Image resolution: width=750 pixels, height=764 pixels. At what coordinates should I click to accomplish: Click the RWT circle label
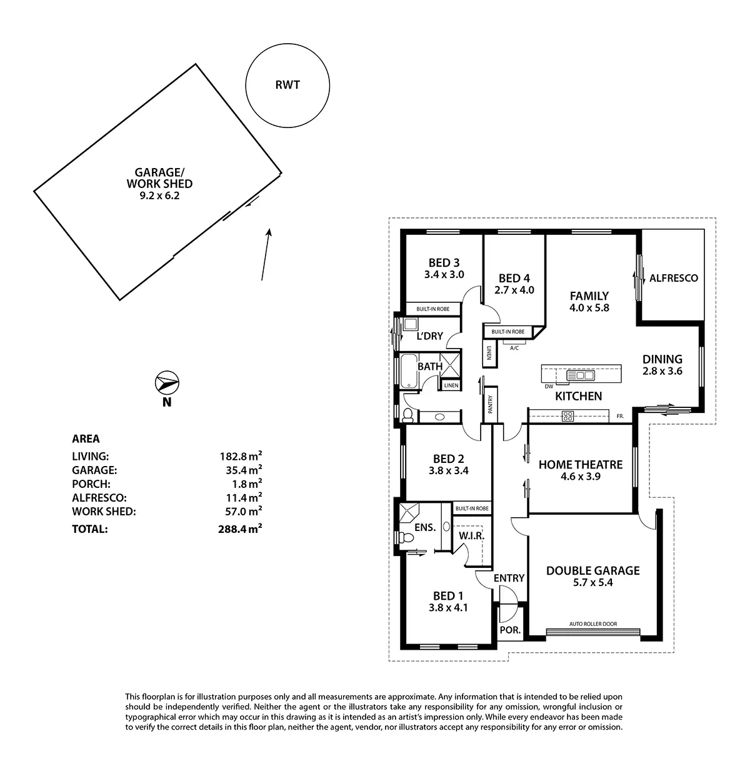pyautogui.click(x=287, y=84)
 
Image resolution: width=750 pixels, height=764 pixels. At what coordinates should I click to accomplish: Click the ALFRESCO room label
pyautogui.click(x=673, y=278)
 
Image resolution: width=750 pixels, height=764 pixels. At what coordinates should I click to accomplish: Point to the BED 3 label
pyautogui.click(x=444, y=263)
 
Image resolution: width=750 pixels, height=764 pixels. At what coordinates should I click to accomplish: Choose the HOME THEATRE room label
pyautogui.click(x=581, y=465)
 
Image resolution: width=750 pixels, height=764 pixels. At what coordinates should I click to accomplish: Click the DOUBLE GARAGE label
pyautogui.click(x=592, y=570)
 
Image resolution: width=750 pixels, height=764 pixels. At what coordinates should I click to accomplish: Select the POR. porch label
pyautogui.click(x=511, y=630)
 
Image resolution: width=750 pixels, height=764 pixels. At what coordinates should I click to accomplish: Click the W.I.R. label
pyautogui.click(x=471, y=536)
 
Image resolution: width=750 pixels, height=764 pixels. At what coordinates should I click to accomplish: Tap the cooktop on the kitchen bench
pyautogui.click(x=568, y=416)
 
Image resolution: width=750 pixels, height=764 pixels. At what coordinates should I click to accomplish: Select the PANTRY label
pyautogui.click(x=491, y=405)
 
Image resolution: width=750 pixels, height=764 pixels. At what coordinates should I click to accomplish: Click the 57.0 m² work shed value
pyautogui.click(x=237, y=512)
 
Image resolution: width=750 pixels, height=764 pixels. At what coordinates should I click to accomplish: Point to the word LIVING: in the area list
pyautogui.click(x=91, y=457)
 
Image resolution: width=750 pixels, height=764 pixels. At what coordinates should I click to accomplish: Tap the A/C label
pyautogui.click(x=514, y=348)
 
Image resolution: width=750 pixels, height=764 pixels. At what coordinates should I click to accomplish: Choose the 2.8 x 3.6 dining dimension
pyautogui.click(x=662, y=371)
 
